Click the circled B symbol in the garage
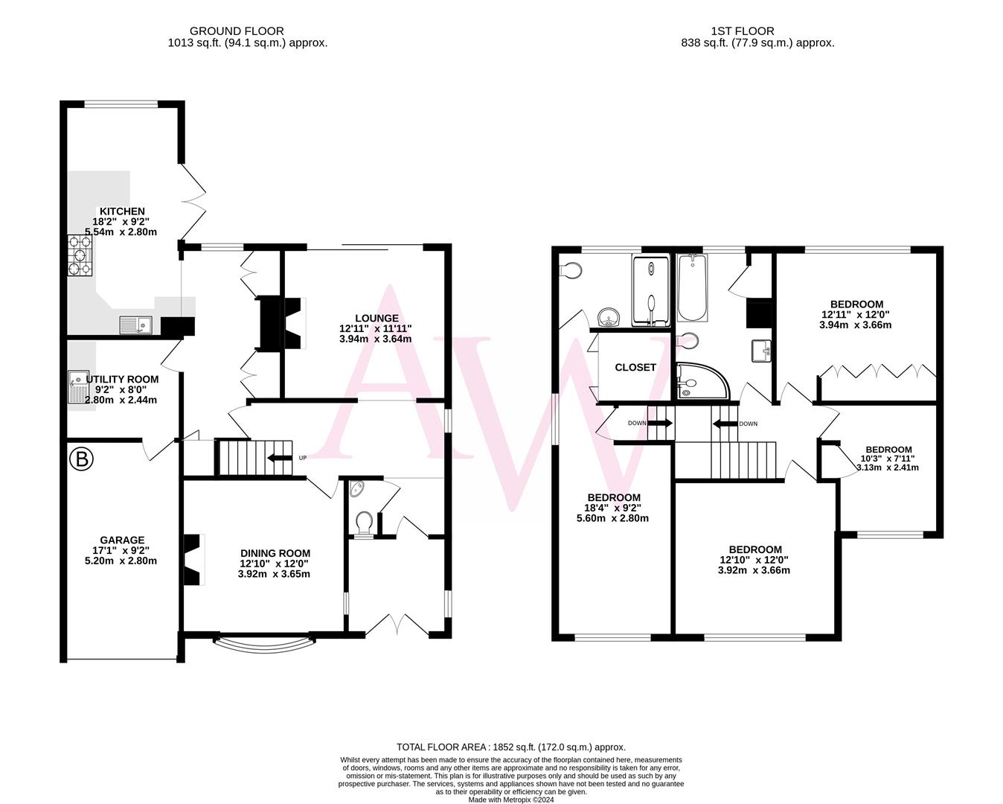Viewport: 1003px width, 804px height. pos(81,460)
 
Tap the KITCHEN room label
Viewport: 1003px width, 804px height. pos(123,211)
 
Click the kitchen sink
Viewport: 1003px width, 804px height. pos(135,325)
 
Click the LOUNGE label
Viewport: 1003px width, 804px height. pos(376,318)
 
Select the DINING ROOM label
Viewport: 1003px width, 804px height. pos(275,553)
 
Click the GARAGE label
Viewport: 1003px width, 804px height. pos(123,540)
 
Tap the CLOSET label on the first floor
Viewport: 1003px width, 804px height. pos(635,367)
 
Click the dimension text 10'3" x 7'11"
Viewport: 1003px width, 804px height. pos(888,459)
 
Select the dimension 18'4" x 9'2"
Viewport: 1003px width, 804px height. pos(613,508)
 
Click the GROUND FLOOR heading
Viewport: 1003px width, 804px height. pos(237,31)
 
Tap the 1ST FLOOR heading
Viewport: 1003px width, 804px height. pos(743,31)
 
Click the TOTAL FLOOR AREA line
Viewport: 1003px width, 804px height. pos(511,747)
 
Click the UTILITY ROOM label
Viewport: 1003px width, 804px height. pos(122,379)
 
